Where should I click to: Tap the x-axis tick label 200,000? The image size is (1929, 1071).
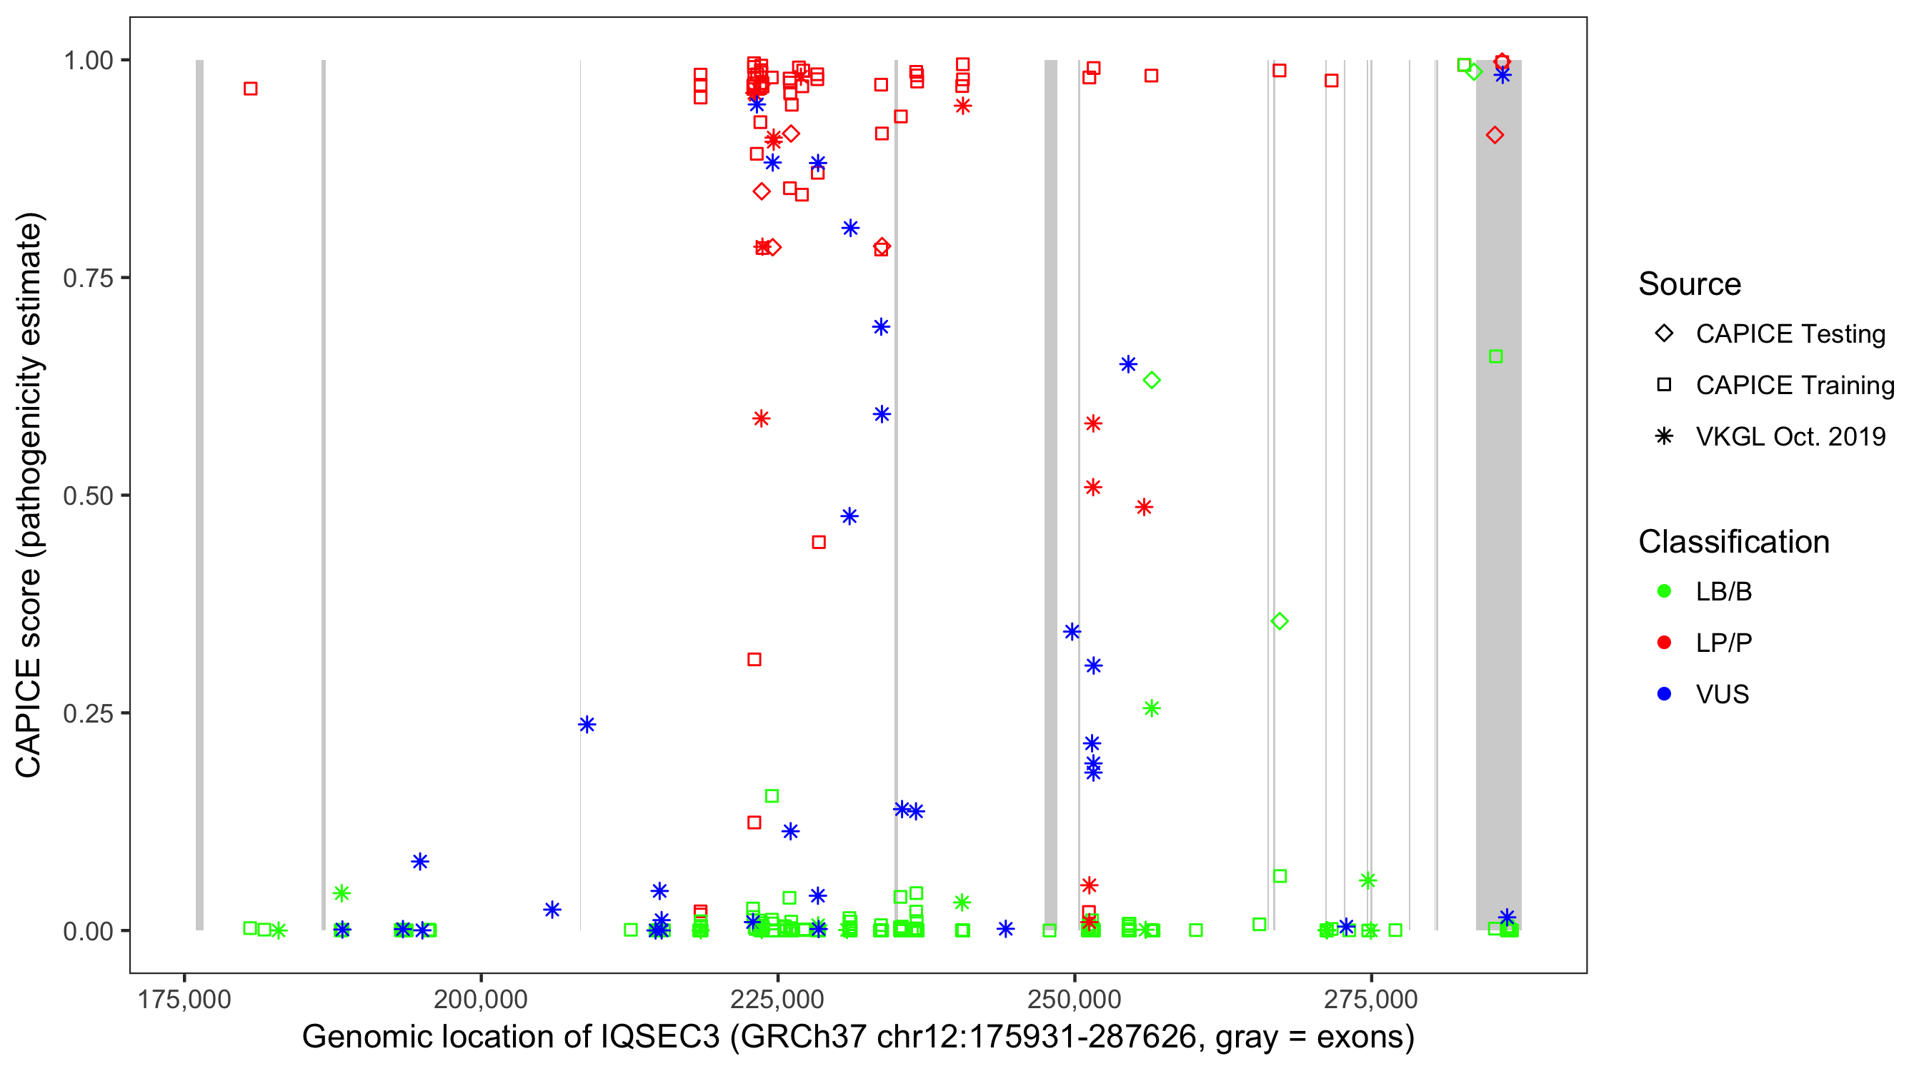coord(481,999)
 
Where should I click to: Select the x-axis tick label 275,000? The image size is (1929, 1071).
coord(1370,999)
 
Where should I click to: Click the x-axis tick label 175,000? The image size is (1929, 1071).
coord(184,999)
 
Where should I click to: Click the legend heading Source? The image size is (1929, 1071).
coord(1690,284)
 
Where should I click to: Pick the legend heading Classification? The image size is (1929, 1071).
coord(1733,542)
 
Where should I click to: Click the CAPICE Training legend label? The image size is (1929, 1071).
coord(1795,386)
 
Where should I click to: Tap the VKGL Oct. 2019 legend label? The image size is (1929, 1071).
coord(1790,436)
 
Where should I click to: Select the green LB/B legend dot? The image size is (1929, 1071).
coord(1664,591)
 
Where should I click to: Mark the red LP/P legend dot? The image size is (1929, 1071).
coord(1664,643)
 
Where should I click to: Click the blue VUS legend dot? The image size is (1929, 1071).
coord(1664,694)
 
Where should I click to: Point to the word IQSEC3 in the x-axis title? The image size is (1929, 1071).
coord(659,1037)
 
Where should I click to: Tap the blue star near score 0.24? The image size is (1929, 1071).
coord(587,724)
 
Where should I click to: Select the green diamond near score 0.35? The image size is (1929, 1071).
coord(1280,621)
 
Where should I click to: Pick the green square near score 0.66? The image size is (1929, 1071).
coord(1495,356)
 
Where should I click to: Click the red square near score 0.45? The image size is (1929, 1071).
coord(819,542)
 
